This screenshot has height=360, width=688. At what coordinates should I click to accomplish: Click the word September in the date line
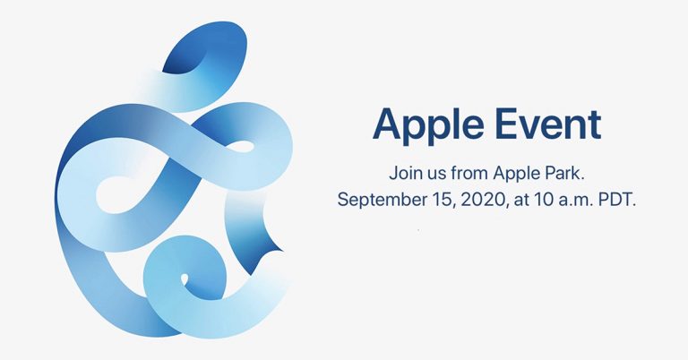pyautogui.click(x=382, y=198)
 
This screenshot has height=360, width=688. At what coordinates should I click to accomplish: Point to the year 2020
pyautogui.click(x=482, y=198)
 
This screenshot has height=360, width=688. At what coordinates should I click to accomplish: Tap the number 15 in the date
pyautogui.click(x=442, y=198)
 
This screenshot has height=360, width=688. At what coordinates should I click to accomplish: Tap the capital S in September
pyautogui.click(x=344, y=198)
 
